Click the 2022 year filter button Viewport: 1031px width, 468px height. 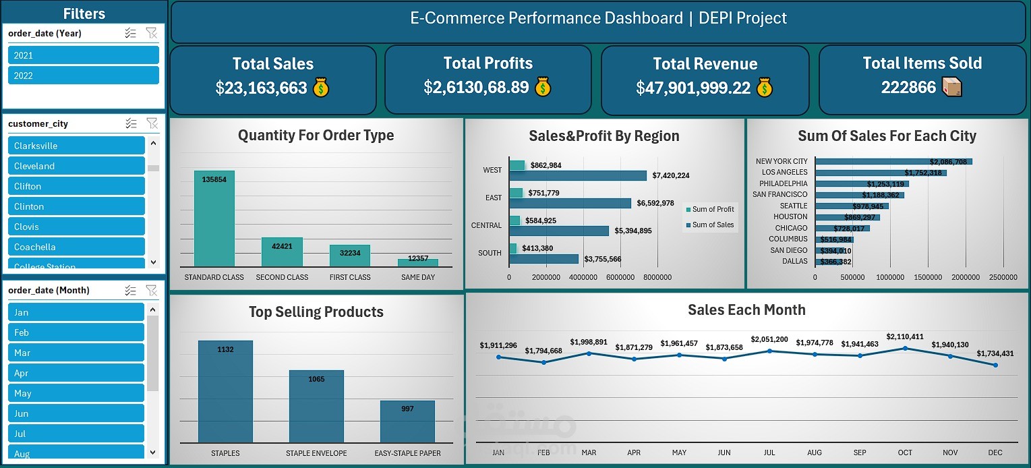point(83,76)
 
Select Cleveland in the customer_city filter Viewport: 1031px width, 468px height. point(76,166)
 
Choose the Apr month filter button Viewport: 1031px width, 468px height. point(76,373)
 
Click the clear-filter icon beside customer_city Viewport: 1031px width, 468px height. point(152,123)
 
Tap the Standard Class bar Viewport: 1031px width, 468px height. point(214,218)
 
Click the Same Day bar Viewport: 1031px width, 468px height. point(418,262)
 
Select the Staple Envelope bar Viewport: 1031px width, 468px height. point(316,406)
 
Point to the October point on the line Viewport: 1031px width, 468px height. point(905,348)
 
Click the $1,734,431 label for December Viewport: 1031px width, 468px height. point(995,353)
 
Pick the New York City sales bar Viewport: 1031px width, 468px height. point(893,162)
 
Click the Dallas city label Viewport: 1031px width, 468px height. point(794,262)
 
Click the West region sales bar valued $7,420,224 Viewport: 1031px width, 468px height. point(577,175)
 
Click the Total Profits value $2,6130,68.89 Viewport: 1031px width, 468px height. point(476,87)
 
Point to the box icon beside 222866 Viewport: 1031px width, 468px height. point(951,86)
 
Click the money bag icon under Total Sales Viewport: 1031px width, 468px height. point(321,88)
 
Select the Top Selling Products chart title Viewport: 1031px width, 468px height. point(316,312)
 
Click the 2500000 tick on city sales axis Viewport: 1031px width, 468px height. point(1003,277)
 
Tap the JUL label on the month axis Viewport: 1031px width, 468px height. point(769,452)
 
